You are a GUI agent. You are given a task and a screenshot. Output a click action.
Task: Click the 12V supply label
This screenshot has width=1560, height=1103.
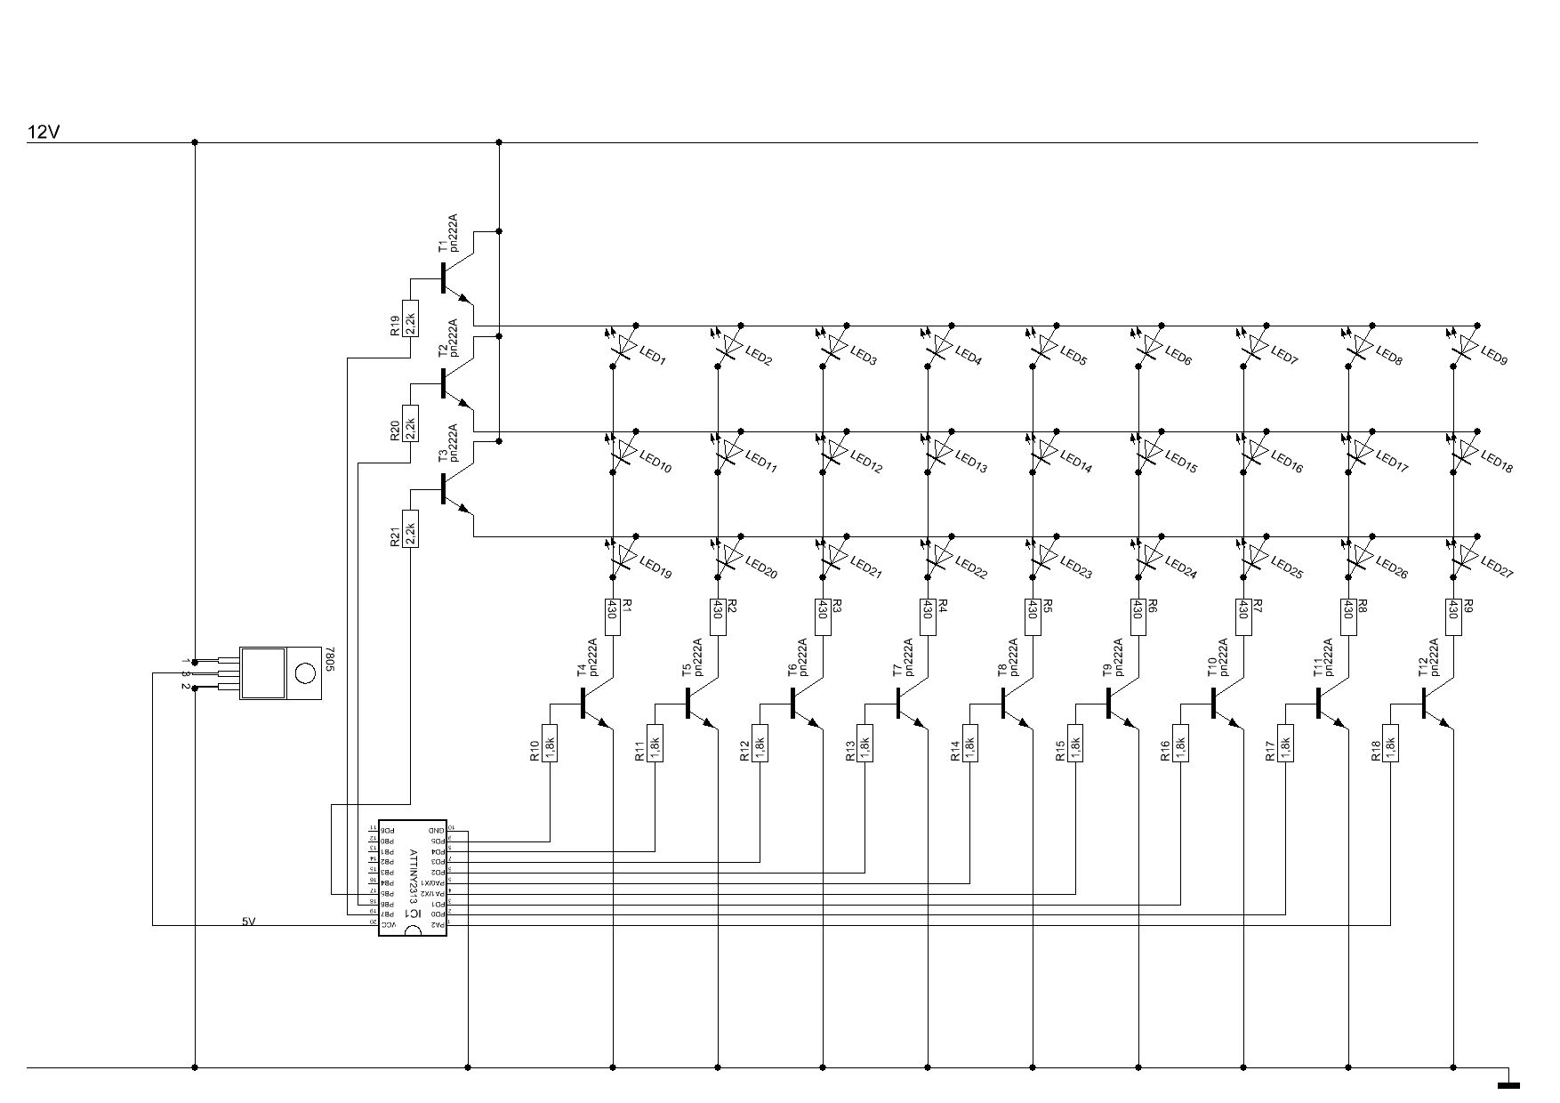click(44, 133)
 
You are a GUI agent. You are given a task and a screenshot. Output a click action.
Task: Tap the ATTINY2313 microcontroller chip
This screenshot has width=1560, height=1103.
click(413, 878)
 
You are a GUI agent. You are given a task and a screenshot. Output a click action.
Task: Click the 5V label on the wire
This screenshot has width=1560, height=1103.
click(249, 922)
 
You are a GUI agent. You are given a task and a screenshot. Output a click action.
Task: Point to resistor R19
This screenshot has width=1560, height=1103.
click(410, 318)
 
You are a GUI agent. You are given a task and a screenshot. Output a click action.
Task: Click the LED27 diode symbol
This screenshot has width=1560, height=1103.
click(1464, 557)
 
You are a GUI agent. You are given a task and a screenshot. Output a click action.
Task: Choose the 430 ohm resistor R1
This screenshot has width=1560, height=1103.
click(613, 616)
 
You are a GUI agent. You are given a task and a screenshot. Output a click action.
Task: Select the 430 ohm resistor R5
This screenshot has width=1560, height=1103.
click(1033, 616)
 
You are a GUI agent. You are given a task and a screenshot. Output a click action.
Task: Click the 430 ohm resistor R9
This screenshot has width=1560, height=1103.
click(1453, 616)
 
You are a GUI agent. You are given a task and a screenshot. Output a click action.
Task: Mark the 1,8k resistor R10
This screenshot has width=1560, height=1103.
click(550, 743)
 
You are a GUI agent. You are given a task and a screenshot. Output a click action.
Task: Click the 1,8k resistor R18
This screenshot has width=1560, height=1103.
click(1390, 743)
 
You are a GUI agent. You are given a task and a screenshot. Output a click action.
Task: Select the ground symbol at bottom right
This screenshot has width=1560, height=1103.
click(1508, 1084)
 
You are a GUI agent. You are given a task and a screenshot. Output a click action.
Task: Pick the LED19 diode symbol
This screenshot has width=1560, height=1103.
click(623, 557)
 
